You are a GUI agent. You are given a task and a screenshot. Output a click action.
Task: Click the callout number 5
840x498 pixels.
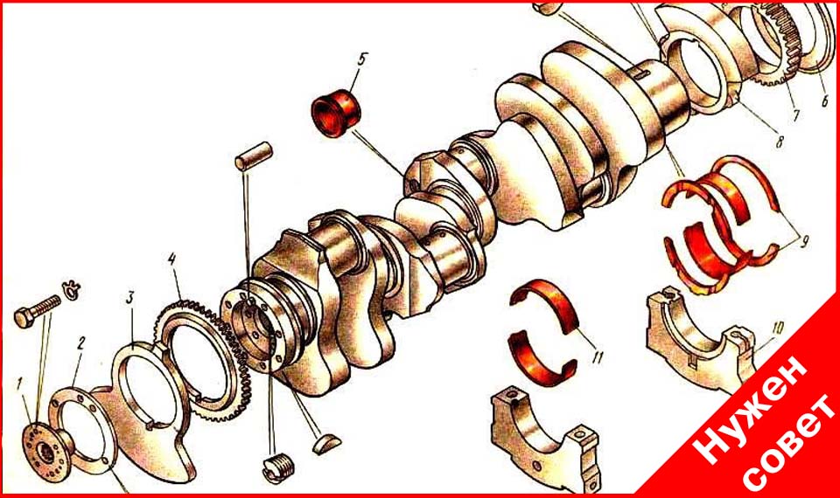coord(360,59)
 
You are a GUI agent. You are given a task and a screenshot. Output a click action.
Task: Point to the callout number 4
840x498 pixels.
coord(171,260)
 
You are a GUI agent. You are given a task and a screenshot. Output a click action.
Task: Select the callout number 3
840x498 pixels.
coord(130,297)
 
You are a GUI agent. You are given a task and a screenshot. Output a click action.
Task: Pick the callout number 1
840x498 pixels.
coord(19,384)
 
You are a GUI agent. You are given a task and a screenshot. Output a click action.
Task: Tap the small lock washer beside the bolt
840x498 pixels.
coord(72,288)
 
